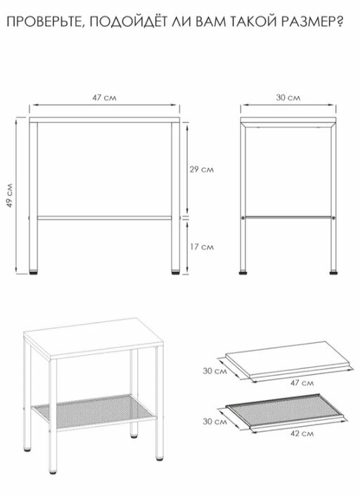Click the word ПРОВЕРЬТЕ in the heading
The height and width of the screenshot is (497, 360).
tap(45, 22)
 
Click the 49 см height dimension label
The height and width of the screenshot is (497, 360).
tap(10, 195)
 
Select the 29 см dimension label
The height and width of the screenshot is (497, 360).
tap(202, 169)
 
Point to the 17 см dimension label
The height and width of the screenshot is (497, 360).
tap(202, 247)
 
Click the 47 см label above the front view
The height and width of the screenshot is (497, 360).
tap(104, 98)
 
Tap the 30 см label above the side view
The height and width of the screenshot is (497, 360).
tap(288, 98)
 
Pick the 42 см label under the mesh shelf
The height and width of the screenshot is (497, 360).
tap(302, 433)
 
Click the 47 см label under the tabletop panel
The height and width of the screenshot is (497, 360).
tap(302, 383)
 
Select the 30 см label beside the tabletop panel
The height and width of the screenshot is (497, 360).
tap(215, 370)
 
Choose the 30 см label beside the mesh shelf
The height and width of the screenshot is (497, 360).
tap(215, 422)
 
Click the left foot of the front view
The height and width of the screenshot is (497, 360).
tap(33, 271)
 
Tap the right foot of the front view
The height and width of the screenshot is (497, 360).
tap(176, 271)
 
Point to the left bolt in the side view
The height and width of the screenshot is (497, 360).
tap(243, 218)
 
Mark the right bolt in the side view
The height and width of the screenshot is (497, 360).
tap(333, 218)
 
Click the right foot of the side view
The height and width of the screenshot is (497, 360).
tap(333, 271)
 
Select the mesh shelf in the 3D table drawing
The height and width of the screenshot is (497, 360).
tap(94, 411)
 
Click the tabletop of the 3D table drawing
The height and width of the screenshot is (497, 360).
tap(94, 339)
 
